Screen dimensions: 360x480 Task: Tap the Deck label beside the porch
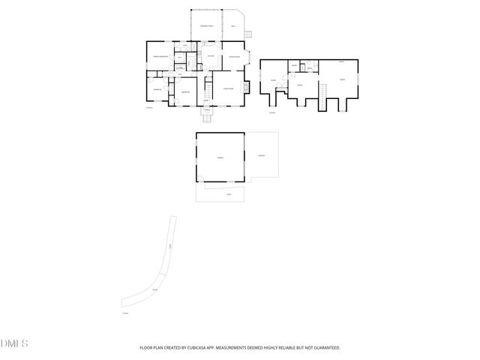[233, 27]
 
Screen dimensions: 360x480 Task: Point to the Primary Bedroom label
[160, 57]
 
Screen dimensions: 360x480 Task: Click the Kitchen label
[211, 57]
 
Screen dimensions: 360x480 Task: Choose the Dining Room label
[233, 57]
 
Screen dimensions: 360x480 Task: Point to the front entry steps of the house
[208, 117]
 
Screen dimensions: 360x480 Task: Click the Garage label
[220, 157]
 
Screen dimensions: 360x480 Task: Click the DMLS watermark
[14, 344]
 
